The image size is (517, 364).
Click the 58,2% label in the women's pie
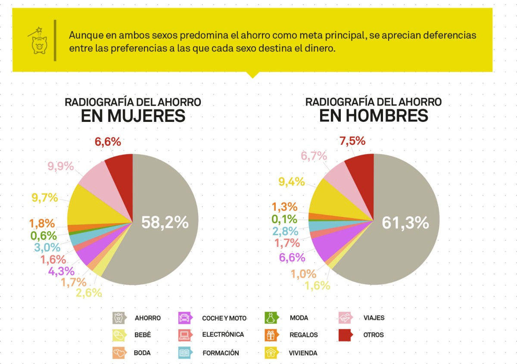point(165,222)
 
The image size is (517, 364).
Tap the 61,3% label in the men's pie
point(405,222)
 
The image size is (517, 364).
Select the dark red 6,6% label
point(108,142)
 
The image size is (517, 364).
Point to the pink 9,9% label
point(60,166)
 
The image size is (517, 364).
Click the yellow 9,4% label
point(292,182)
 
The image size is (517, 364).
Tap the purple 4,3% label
point(61,271)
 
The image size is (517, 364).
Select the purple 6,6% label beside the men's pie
point(292,258)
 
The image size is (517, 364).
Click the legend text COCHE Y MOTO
point(224,318)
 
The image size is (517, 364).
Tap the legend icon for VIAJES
point(346,318)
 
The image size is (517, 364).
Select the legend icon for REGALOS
point(271,335)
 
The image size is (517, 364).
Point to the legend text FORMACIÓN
point(221,353)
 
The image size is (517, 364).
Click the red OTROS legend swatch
point(346,335)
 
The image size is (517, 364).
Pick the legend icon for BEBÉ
point(119,335)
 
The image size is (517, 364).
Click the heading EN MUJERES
point(133,116)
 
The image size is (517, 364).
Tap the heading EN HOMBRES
point(373,116)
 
